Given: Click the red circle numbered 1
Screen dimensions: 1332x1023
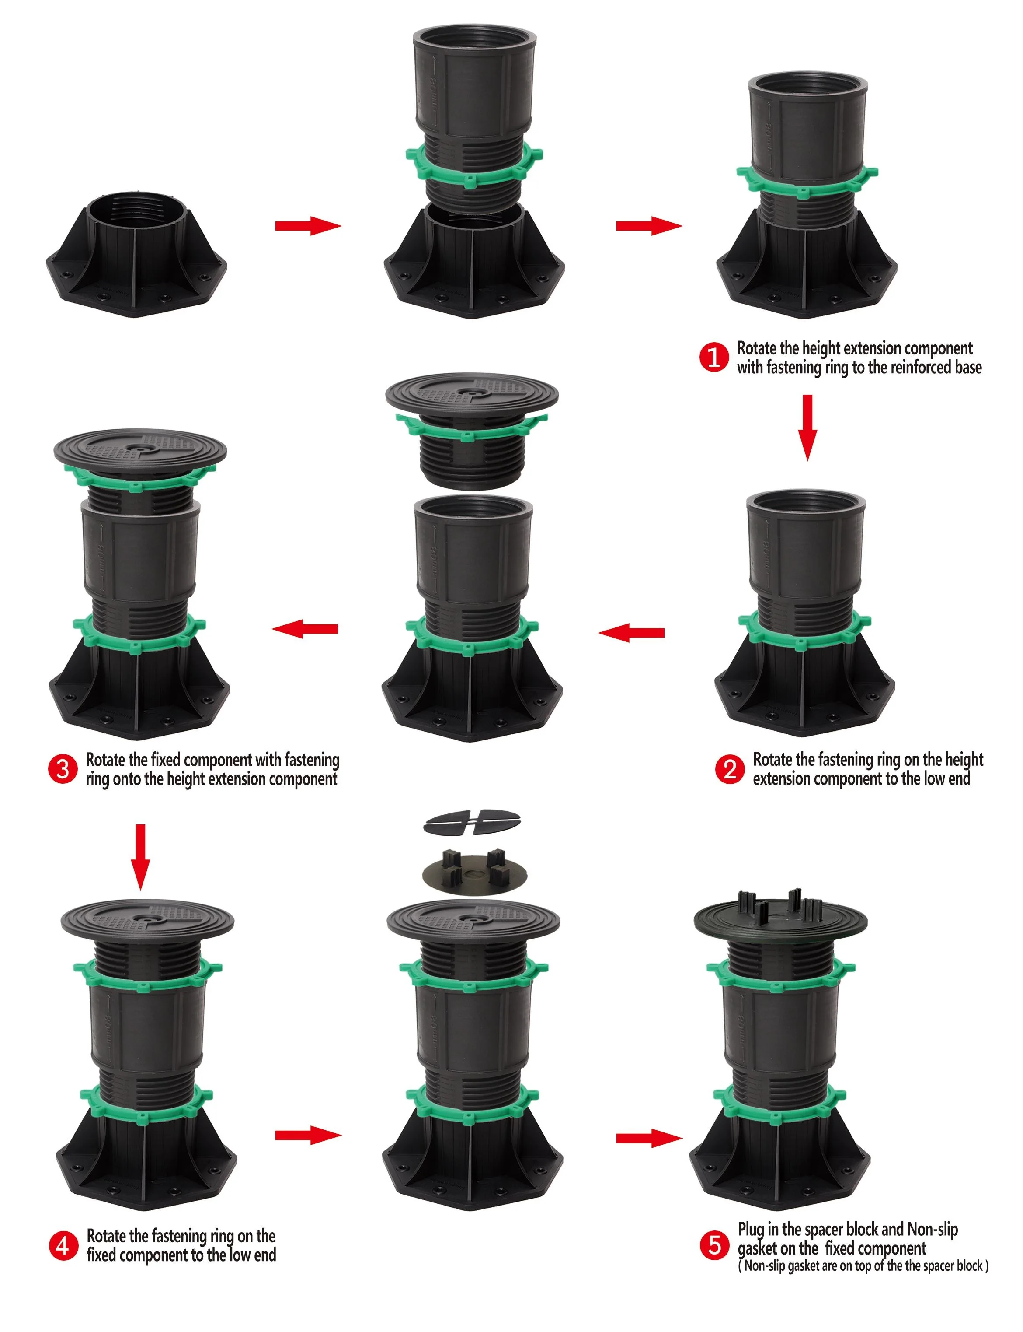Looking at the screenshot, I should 713,357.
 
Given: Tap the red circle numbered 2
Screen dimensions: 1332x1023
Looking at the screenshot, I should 730,770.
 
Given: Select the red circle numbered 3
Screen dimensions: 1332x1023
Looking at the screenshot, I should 62,770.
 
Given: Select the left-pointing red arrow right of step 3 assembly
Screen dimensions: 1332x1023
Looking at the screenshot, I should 305,629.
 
